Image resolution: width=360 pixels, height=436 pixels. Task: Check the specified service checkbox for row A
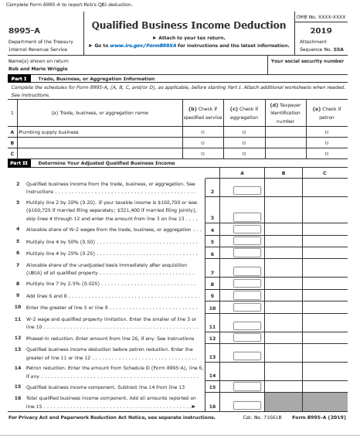click(201, 133)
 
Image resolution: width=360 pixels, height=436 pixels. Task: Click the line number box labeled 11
click(212, 326)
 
